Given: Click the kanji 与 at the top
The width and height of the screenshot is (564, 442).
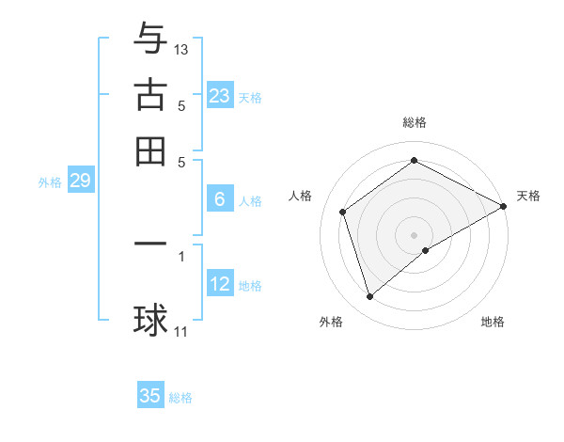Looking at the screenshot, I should pyautogui.click(x=150, y=39).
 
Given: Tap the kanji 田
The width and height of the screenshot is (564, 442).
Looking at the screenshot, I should pyautogui.click(x=150, y=150).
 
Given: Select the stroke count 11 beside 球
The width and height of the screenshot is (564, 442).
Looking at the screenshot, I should pyautogui.click(x=181, y=331).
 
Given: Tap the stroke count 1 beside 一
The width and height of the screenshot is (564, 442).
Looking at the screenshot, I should pyautogui.click(x=181, y=255).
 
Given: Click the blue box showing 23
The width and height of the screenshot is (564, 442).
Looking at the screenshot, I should pyautogui.click(x=220, y=95).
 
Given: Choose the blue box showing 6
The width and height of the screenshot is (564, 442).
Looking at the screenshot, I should pyautogui.click(x=220, y=198).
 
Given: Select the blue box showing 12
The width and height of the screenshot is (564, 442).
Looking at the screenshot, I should pyautogui.click(x=220, y=283).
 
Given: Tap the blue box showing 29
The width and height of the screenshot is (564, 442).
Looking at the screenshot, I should pyautogui.click(x=80, y=181).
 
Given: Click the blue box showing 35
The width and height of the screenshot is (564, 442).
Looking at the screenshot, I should pyautogui.click(x=150, y=396).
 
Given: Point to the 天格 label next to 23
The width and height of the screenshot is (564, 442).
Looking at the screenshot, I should pyautogui.click(x=250, y=97).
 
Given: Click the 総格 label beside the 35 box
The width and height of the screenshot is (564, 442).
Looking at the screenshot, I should pyautogui.click(x=180, y=398).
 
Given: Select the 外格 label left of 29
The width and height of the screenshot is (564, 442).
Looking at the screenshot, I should pyautogui.click(x=50, y=182).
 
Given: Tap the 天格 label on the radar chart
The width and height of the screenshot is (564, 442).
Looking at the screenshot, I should pyautogui.click(x=528, y=196).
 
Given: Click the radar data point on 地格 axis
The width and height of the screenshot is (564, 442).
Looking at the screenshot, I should pyautogui.click(x=426, y=250).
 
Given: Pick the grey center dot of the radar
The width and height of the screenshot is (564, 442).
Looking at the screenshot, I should pyautogui.click(x=415, y=234).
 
